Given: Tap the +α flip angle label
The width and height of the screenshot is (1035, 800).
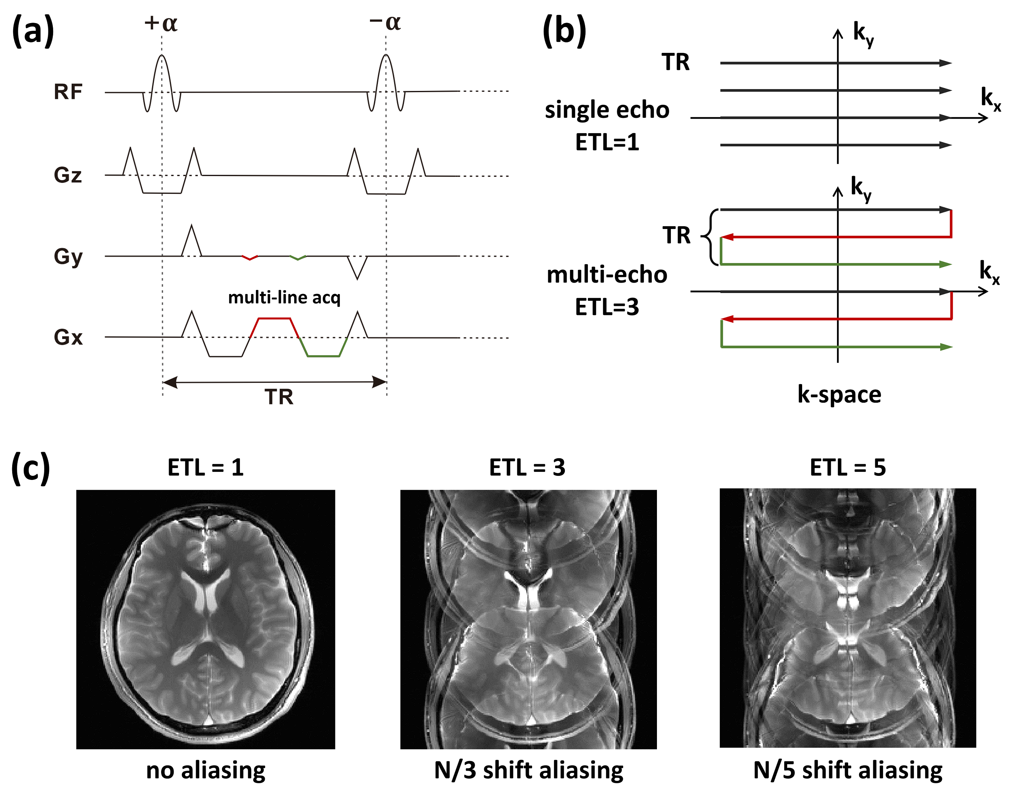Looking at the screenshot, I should (x=161, y=23).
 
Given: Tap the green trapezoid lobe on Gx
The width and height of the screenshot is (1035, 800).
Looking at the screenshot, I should (x=323, y=355).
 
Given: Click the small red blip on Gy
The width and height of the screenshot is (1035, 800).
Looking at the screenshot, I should (x=250, y=258).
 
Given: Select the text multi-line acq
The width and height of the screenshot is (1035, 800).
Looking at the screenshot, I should (x=284, y=297).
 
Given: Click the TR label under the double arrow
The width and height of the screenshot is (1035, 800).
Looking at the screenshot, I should (x=279, y=396).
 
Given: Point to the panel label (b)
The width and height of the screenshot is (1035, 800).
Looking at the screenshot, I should (x=564, y=31).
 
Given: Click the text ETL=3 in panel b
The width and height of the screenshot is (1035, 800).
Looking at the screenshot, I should (x=607, y=307).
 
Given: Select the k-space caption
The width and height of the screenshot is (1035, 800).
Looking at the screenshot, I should (x=839, y=394).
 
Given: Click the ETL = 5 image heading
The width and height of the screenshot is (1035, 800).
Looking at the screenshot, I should (x=848, y=468).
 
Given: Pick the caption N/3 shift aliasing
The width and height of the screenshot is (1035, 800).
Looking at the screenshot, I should (x=528, y=770).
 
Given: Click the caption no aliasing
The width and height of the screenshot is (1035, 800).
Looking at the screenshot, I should (x=206, y=770).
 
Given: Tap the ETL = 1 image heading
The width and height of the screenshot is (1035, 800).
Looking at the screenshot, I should (x=206, y=468).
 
